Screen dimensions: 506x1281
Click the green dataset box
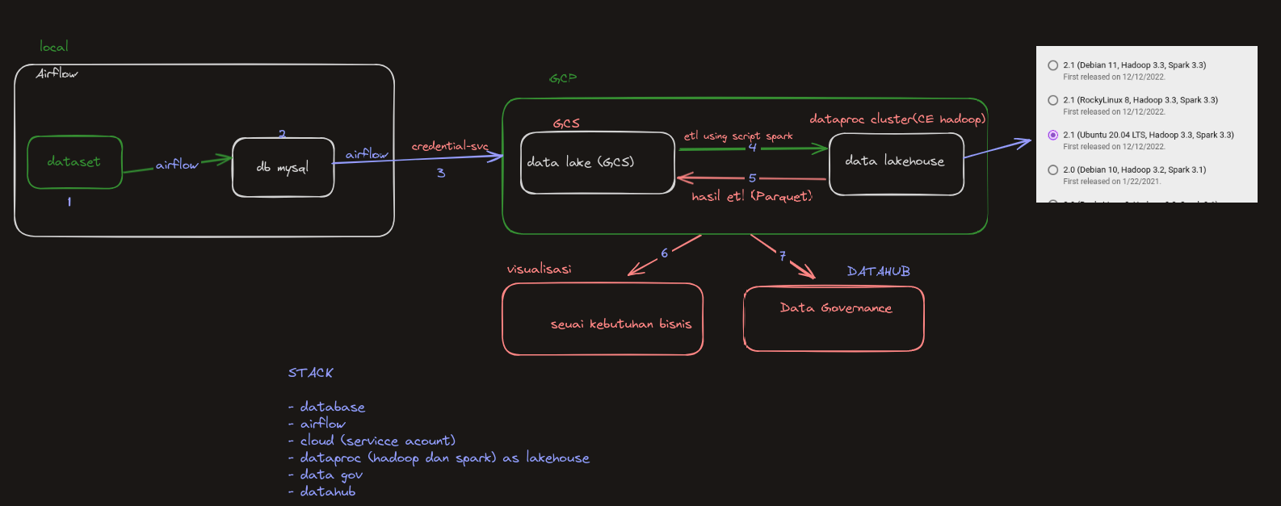tap(74, 162)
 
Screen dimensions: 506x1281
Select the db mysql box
tap(283, 168)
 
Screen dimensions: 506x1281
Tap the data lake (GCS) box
tap(597, 163)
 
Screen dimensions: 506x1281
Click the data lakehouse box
tap(896, 164)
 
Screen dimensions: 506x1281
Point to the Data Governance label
tap(836, 308)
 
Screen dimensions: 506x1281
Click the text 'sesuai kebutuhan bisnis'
tap(620, 324)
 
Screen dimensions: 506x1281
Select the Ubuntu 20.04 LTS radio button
tap(1052, 135)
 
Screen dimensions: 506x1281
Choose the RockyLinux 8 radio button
tap(1052, 100)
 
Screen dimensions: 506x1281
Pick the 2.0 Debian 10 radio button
tap(1052, 169)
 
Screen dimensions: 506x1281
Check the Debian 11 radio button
tap(1052, 65)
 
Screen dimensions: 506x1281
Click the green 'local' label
tap(54, 47)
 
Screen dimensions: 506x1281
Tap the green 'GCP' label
tap(563, 78)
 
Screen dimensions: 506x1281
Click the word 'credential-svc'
tap(450, 146)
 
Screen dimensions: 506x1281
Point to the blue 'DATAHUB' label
tap(878, 272)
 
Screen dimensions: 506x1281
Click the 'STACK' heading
tap(310, 373)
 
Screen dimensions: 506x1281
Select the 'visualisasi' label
tap(539, 269)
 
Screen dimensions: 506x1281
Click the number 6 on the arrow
tap(665, 253)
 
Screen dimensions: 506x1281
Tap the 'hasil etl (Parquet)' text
tap(752, 196)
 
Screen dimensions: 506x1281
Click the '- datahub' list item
tap(322, 491)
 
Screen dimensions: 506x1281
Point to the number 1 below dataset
tap(69, 202)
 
